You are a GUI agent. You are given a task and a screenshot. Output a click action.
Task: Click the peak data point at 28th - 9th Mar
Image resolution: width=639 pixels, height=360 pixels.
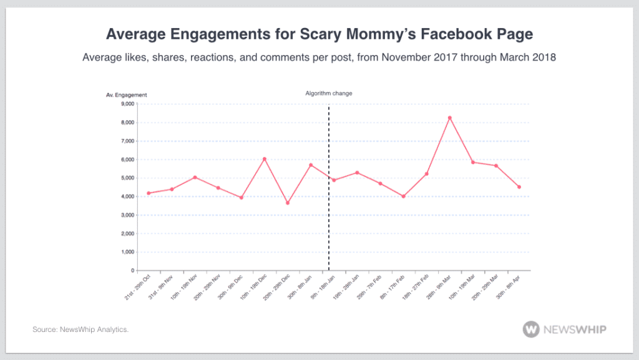[449, 118]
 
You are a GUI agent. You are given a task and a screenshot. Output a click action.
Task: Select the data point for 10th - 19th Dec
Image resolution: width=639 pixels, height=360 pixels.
[265, 159]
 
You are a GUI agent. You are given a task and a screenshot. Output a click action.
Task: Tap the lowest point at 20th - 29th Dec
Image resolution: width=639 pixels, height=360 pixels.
[288, 203]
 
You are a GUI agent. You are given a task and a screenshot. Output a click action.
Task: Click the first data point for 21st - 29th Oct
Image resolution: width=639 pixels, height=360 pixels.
[149, 193]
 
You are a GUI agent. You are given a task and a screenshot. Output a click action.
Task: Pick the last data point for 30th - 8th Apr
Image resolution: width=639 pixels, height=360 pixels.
[519, 187]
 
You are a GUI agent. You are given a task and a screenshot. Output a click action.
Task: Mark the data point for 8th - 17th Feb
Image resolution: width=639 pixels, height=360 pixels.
[404, 197]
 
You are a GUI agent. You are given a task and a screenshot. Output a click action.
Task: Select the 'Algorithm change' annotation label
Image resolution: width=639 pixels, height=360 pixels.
[328, 93]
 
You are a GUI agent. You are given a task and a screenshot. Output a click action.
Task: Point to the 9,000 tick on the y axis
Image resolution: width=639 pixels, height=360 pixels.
[127, 104]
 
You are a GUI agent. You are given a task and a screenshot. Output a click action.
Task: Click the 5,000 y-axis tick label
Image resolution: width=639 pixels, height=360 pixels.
[127, 178]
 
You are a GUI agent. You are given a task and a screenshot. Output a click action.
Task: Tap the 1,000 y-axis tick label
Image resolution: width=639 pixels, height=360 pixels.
[127, 252]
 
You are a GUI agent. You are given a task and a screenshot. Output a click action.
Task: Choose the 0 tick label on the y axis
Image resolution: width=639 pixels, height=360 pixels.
[132, 271]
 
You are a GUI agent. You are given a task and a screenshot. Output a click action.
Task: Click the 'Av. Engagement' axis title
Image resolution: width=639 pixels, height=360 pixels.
[126, 95]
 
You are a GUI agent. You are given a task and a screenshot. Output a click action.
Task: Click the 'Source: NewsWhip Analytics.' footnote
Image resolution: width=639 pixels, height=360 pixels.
[80, 329]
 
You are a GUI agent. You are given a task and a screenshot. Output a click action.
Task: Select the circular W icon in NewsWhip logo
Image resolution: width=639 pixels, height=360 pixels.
[532, 329]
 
